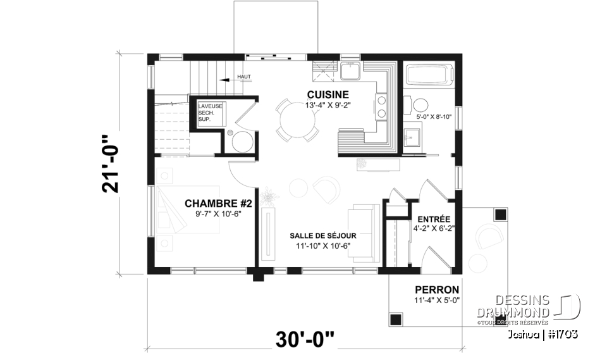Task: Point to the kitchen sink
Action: point(350,70)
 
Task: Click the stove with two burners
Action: point(381,106)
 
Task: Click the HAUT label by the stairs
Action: point(244,77)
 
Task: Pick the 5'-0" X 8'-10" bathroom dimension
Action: point(434,117)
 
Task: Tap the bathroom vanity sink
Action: point(412,135)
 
